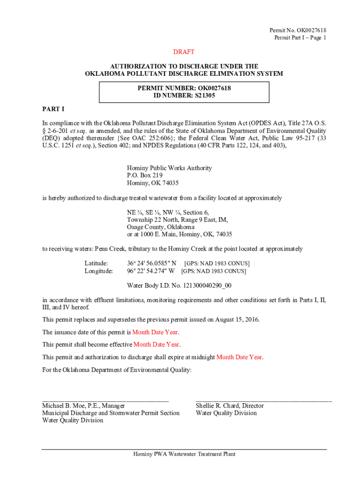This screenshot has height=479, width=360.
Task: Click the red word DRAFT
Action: point(184,52)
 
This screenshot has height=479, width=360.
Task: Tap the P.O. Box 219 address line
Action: point(145,175)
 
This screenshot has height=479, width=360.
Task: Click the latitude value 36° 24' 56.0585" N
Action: point(152,263)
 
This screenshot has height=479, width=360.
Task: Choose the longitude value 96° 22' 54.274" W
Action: point(151,271)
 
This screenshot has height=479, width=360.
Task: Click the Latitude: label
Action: point(96,263)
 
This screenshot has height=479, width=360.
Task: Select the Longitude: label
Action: point(99,271)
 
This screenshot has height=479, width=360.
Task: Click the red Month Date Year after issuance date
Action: point(155,332)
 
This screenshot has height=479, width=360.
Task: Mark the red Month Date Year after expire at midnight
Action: point(239,357)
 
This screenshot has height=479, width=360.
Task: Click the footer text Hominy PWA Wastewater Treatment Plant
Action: point(184,454)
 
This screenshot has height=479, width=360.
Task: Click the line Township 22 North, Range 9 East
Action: point(178,219)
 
